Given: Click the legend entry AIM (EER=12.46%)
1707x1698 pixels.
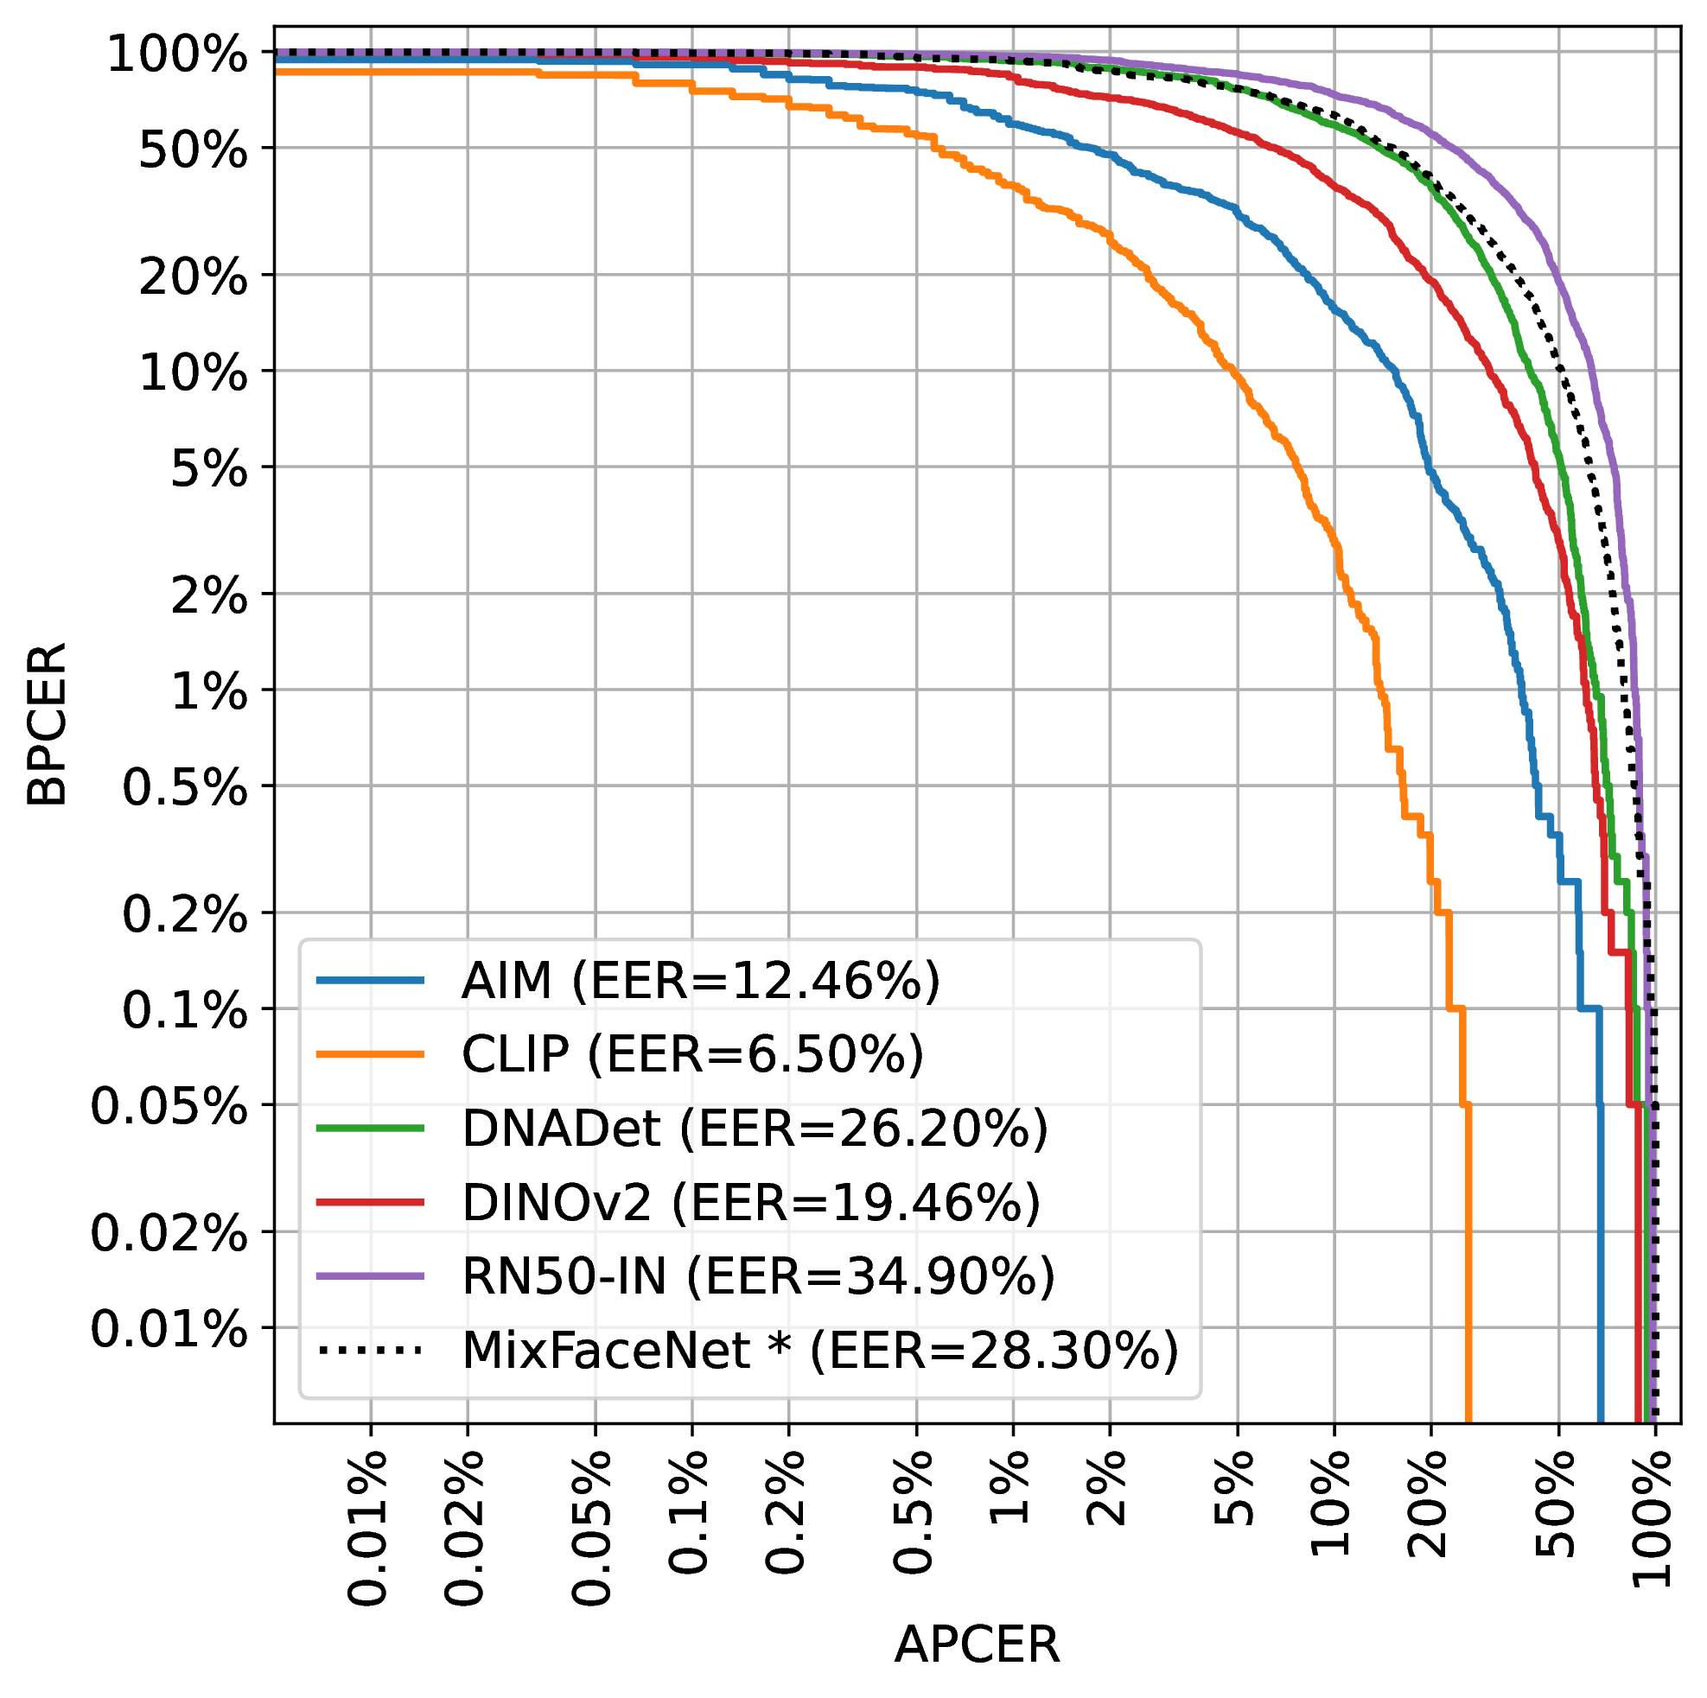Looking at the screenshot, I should [x=700, y=980].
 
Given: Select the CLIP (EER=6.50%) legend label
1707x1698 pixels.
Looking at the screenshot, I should [x=691, y=1054].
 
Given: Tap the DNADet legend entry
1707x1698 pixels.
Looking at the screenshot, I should [x=755, y=1129].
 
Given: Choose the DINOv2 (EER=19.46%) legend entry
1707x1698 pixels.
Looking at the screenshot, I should [x=750, y=1202].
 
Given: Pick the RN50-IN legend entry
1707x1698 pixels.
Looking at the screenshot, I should [x=758, y=1276].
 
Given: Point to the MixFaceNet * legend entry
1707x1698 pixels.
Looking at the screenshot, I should [x=820, y=1351].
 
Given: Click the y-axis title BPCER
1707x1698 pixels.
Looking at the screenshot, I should [x=46, y=724].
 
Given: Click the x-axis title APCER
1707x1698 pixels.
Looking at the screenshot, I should [x=977, y=1645].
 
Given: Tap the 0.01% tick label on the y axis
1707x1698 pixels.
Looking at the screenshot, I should [x=169, y=1330].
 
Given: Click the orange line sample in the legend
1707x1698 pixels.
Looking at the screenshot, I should [x=370, y=1054].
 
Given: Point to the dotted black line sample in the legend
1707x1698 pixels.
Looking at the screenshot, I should [x=370, y=1351].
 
